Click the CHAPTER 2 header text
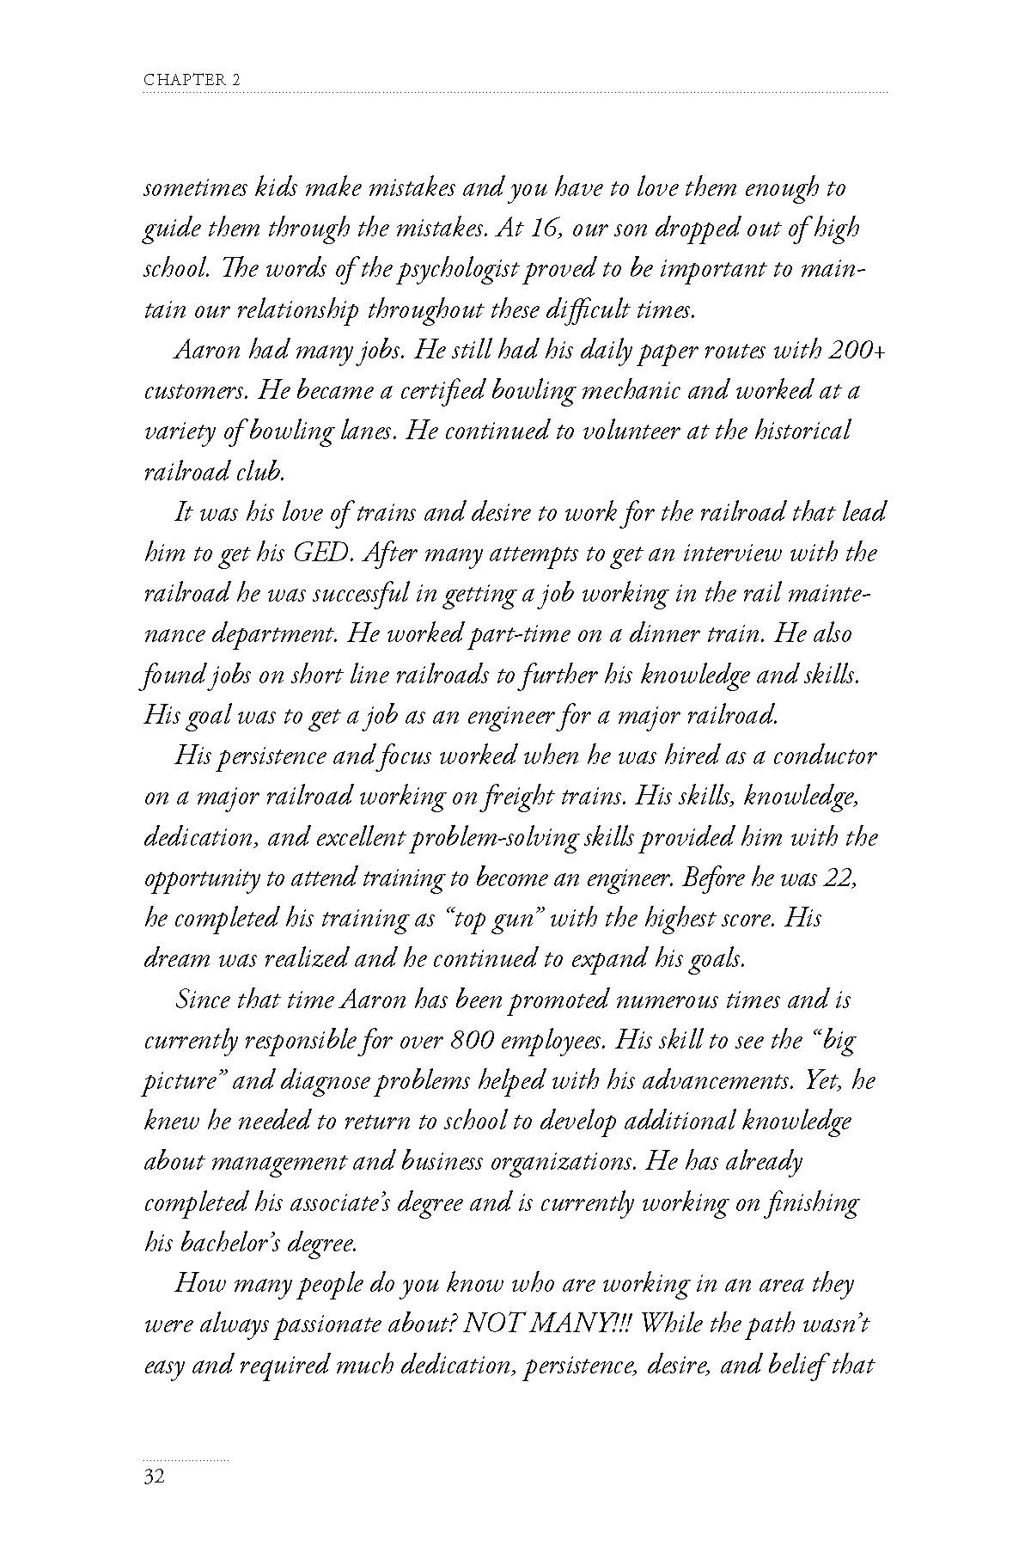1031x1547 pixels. pyautogui.click(x=192, y=80)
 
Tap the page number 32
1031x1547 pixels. pyautogui.click(x=155, y=1478)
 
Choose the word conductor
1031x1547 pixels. pyautogui.click(x=825, y=756)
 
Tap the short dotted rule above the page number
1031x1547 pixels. pyautogui.click(x=186, y=1459)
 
